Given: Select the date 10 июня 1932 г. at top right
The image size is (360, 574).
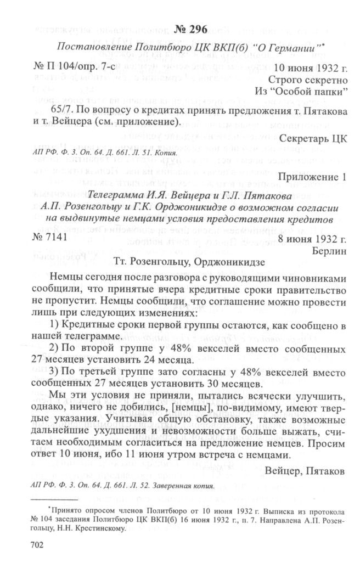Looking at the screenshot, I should pyautogui.click(x=310, y=68).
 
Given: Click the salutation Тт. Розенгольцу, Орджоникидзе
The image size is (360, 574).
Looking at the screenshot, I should pyautogui.click(x=190, y=262).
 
